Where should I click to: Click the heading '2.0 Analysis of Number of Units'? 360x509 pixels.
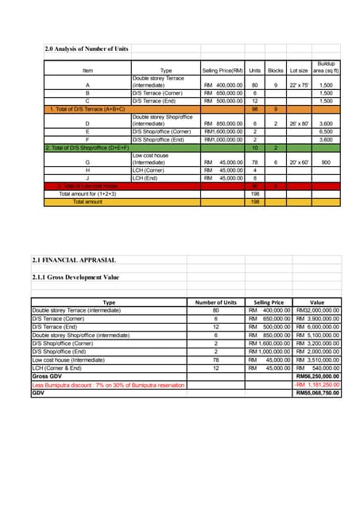(87, 50)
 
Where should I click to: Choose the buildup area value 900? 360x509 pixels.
(326, 163)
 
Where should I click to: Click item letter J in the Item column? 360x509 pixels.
(87, 178)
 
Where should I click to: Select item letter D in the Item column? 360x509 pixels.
(87, 124)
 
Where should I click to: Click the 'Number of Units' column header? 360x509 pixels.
(216, 302)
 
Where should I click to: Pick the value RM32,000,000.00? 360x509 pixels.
(317, 309)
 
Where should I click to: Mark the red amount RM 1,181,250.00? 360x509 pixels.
(317, 384)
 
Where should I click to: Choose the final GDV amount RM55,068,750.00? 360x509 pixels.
(317, 392)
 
